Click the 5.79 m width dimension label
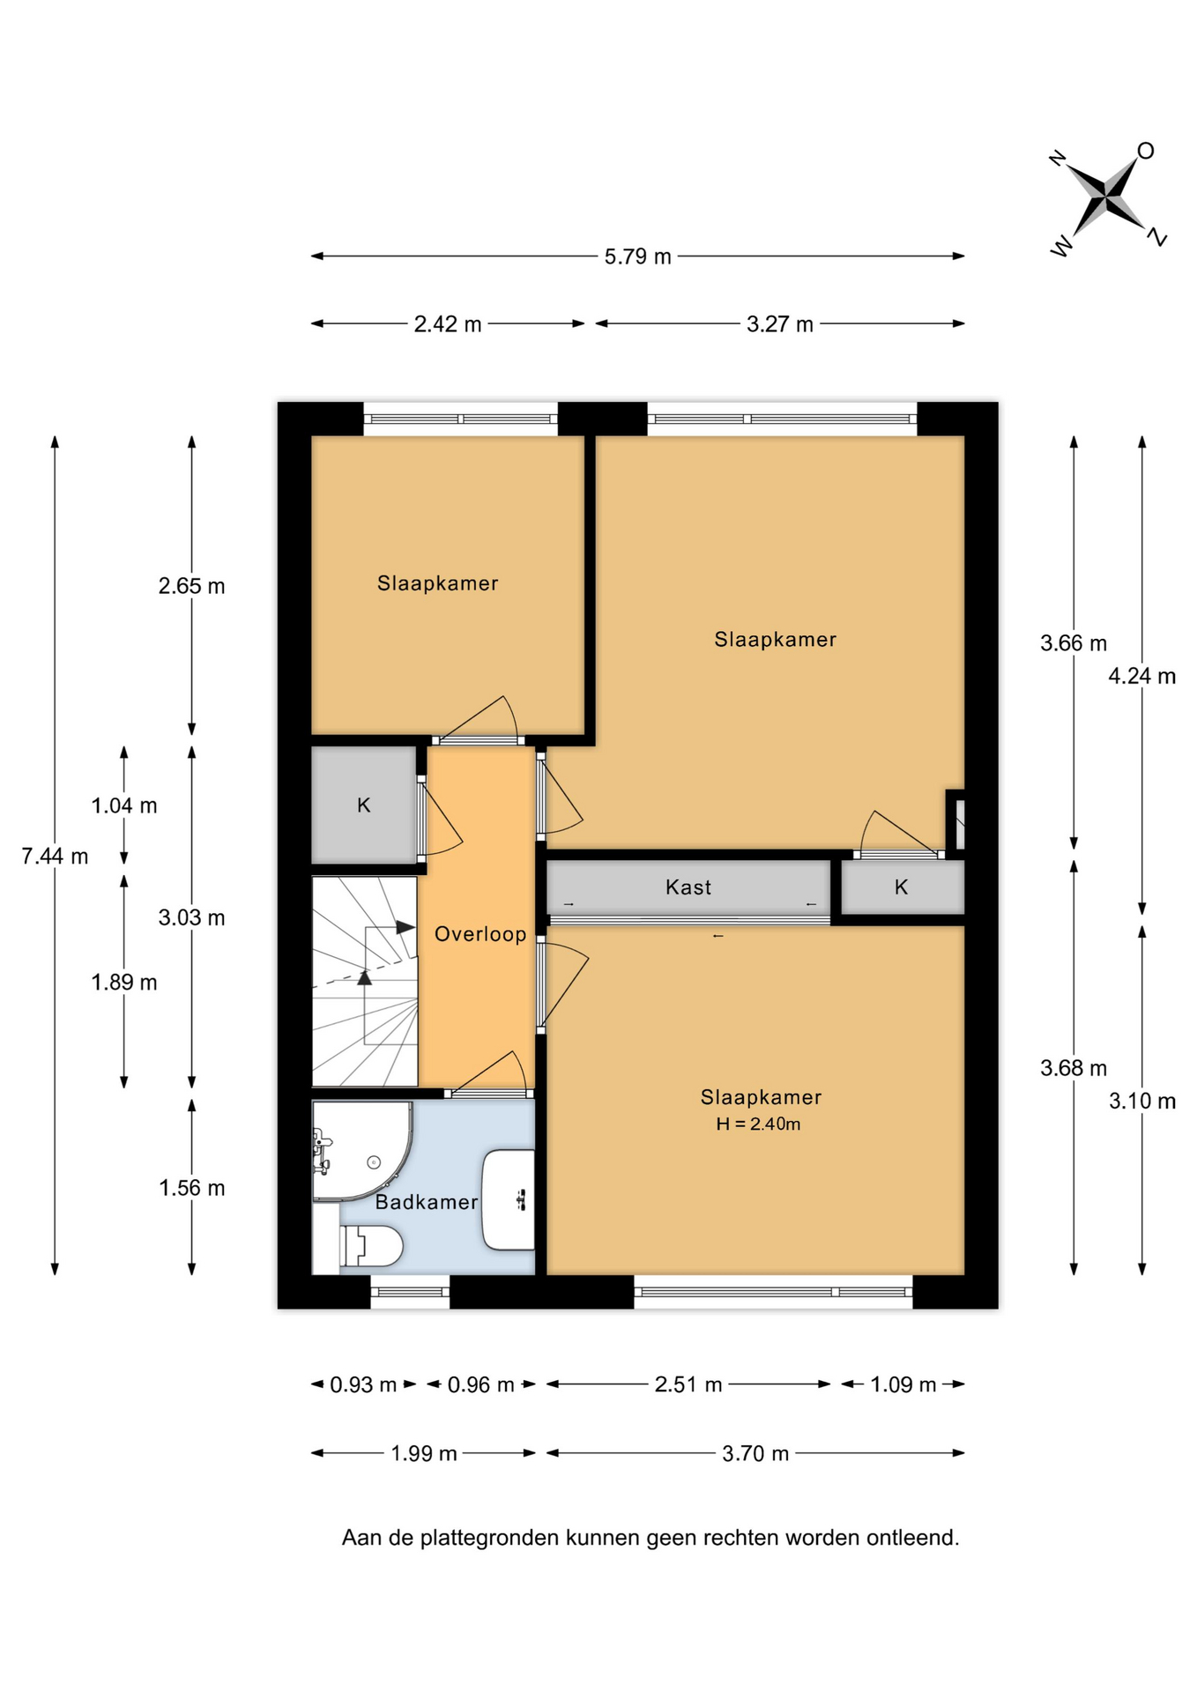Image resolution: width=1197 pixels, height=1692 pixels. click(x=637, y=256)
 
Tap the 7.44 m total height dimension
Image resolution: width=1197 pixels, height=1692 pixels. click(x=55, y=856)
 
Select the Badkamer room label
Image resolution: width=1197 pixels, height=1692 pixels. click(x=427, y=1202)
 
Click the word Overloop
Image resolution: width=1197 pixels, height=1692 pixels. click(x=480, y=934)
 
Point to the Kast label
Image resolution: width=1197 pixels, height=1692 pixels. click(x=688, y=887)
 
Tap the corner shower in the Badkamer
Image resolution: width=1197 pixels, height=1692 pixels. click(x=362, y=1151)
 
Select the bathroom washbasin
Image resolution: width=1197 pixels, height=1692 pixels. click(x=509, y=1199)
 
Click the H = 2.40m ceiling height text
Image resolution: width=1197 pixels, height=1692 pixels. click(x=758, y=1124)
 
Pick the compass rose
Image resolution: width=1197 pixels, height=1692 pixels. click(x=1107, y=198)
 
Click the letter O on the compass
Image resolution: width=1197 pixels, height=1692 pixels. click(x=1145, y=151)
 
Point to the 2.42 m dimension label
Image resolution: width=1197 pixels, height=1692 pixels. click(x=448, y=324)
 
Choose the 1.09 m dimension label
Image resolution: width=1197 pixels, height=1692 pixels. click(x=903, y=1384)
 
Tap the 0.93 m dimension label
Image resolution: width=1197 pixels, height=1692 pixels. click(x=363, y=1384)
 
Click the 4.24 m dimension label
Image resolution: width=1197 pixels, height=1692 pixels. click(x=1142, y=676)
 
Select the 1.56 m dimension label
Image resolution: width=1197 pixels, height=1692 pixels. click(x=191, y=1188)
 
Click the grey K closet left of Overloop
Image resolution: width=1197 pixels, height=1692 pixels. click(x=364, y=805)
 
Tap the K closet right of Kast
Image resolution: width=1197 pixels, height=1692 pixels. click(x=902, y=887)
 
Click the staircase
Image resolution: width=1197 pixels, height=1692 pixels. click(x=365, y=982)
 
